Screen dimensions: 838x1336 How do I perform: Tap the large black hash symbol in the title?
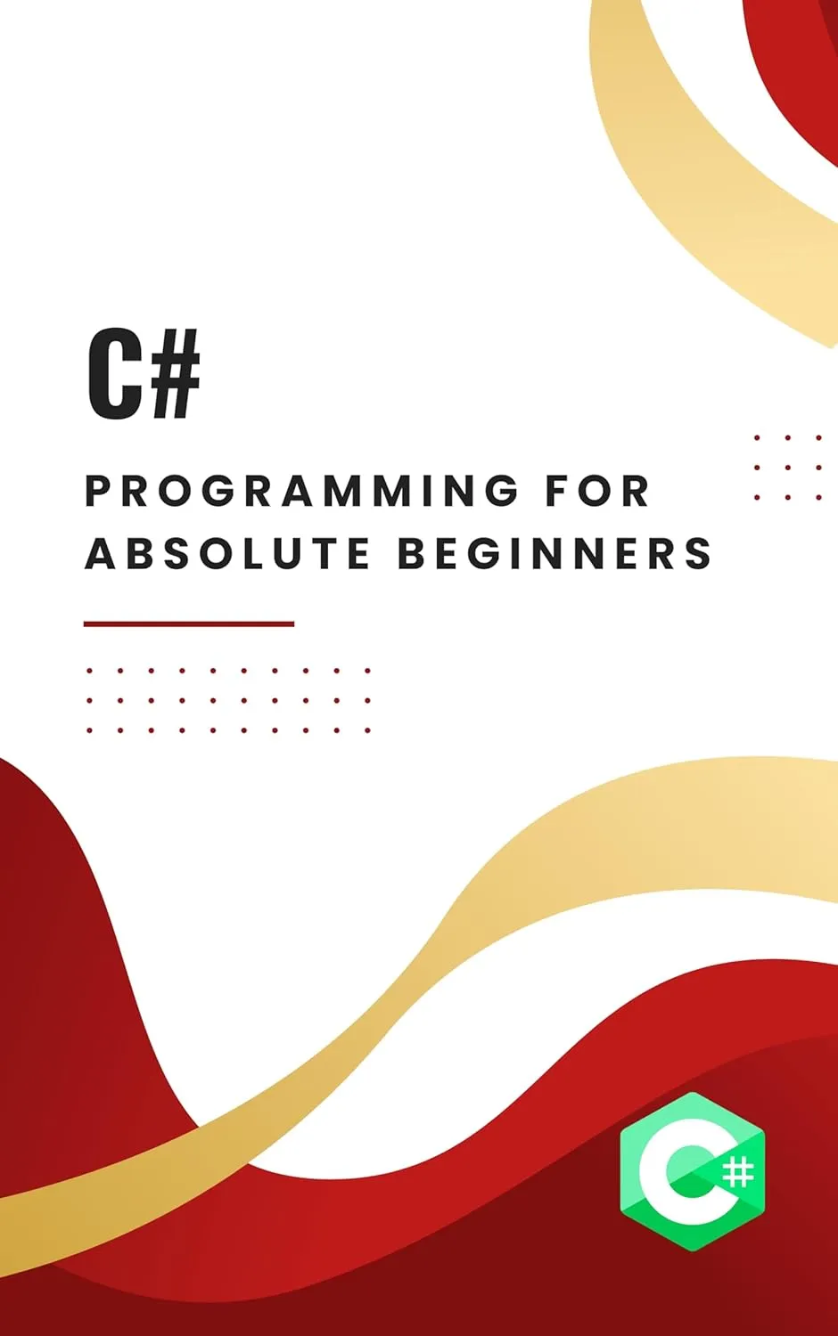click(x=174, y=374)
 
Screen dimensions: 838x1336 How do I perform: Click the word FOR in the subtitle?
click(x=597, y=491)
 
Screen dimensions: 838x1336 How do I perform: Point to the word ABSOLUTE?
click(x=227, y=553)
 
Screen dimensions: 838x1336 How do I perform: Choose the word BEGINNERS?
click(x=555, y=553)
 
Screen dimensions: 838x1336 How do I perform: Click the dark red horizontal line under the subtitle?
click(x=189, y=623)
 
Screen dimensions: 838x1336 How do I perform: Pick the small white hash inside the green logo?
click(x=739, y=1171)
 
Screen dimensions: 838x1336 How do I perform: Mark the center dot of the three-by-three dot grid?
click(x=788, y=468)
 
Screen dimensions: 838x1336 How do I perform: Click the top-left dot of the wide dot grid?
click(x=89, y=671)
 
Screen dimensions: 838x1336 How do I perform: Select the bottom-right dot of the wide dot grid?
click(x=367, y=730)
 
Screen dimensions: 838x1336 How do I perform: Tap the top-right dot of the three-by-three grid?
click(x=819, y=438)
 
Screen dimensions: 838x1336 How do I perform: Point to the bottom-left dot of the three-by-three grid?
click(x=757, y=497)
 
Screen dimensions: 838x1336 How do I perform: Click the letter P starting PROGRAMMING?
click(x=98, y=491)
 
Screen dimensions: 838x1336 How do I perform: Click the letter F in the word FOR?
click(x=557, y=491)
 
